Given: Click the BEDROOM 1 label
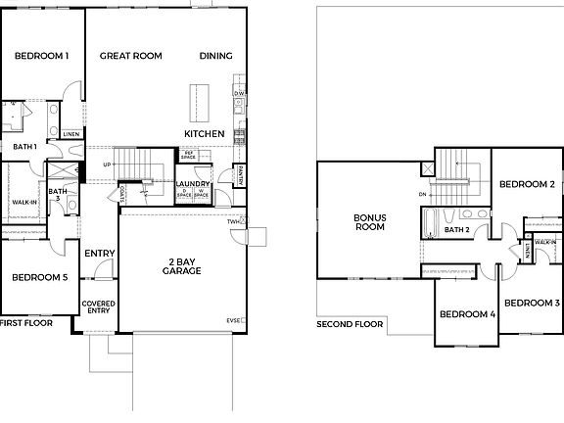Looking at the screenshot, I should (41, 57).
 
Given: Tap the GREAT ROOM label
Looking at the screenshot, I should (130, 57).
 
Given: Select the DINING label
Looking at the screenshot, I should (215, 57).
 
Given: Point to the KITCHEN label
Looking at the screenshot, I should (205, 133).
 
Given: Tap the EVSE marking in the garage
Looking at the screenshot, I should (234, 320).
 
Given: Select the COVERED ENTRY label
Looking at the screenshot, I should (99, 308).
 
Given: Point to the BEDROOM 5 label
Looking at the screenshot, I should (39, 278).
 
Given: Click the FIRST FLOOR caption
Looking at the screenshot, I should (26, 322).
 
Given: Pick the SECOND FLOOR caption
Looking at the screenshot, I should (351, 324).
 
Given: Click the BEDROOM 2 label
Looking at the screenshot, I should (527, 184).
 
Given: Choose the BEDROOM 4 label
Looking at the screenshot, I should (466, 314).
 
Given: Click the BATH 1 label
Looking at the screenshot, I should (24, 147).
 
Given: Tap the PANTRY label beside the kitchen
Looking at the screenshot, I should (240, 174).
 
